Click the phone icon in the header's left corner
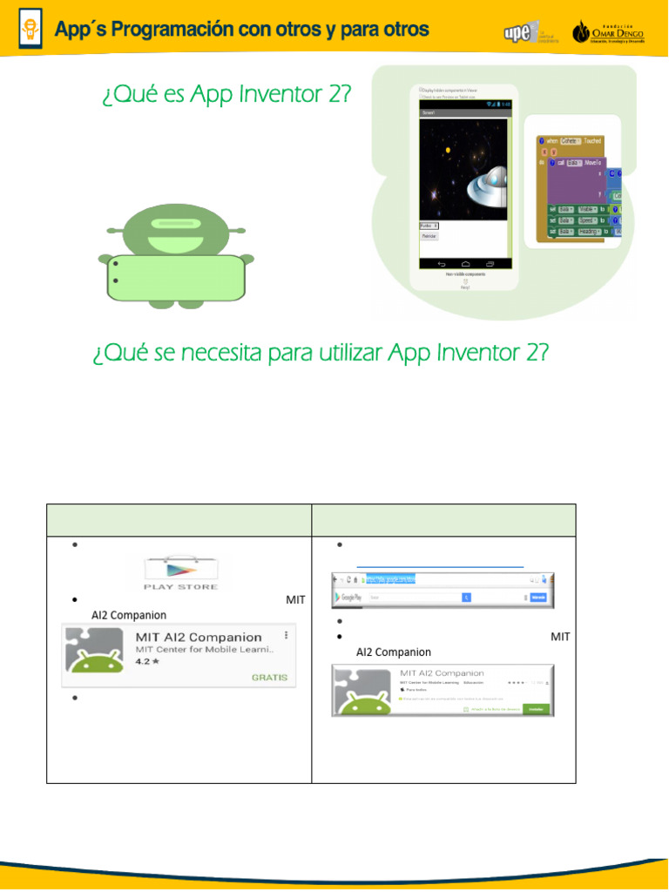click(x=30, y=30)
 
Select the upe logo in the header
click(x=522, y=31)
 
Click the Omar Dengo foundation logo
click(x=608, y=32)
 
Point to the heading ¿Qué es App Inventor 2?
click(x=226, y=94)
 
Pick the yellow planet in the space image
click(x=448, y=151)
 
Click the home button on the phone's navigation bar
click(x=465, y=263)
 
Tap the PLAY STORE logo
click(x=180, y=571)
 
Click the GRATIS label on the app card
click(x=269, y=677)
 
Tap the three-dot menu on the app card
click(x=286, y=636)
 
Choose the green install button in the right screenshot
click(x=536, y=709)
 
